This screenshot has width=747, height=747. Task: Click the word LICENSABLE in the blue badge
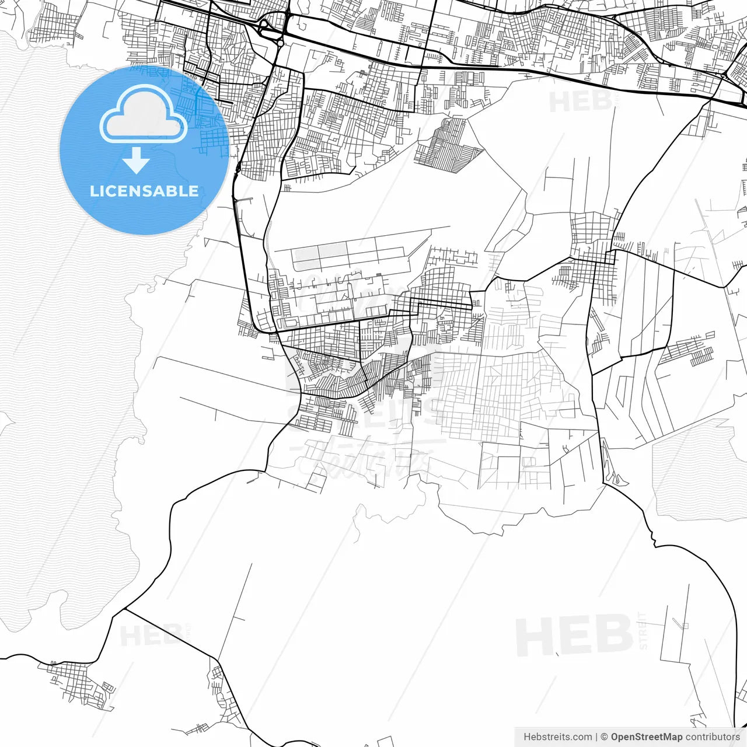[x=144, y=191]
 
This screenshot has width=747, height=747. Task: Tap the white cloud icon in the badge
[x=144, y=115]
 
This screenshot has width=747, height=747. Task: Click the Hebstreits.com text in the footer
[x=557, y=737]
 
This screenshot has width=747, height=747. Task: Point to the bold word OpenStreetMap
[x=647, y=737]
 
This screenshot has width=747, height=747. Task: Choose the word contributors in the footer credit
[x=712, y=737]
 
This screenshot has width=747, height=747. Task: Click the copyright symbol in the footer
[x=604, y=737]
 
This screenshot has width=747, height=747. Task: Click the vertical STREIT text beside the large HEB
[x=643, y=631]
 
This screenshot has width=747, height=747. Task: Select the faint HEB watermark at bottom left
[x=149, y=635]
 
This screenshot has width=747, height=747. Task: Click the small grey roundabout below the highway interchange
[x=280, y=43]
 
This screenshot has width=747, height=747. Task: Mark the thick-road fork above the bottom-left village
[x=125, y=610]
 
